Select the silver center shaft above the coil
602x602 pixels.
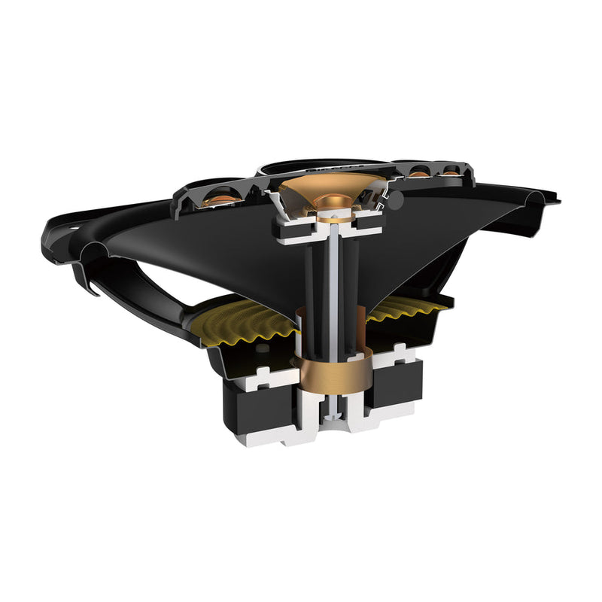332,271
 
